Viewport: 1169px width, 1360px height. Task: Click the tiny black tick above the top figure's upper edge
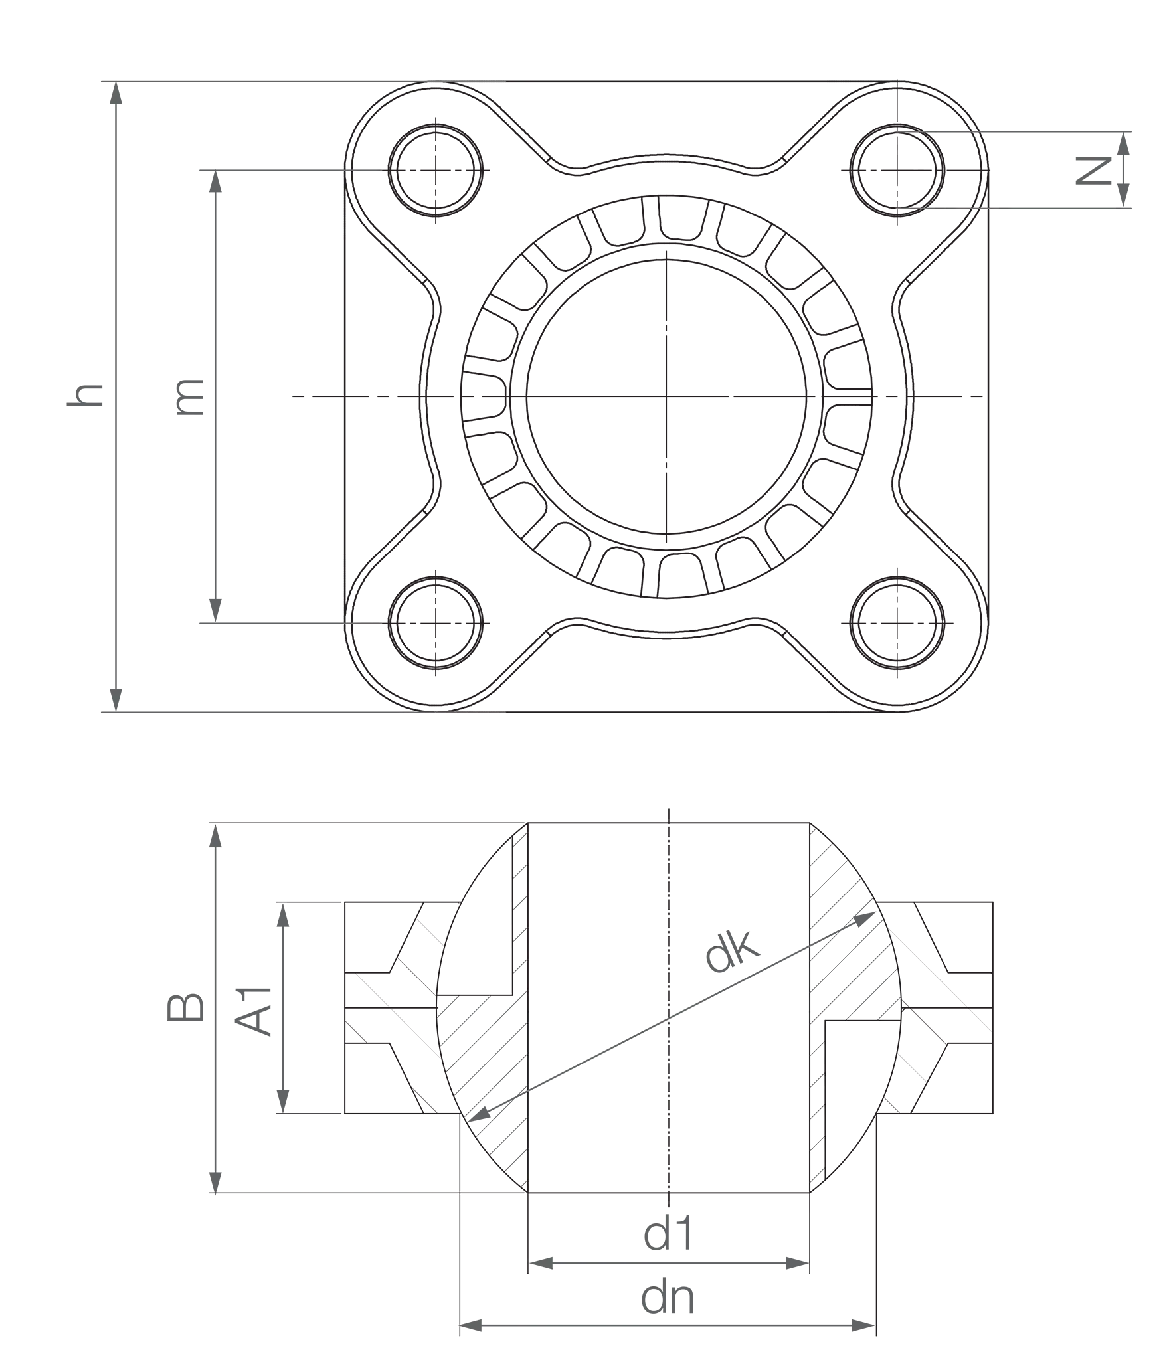[896, 78]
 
